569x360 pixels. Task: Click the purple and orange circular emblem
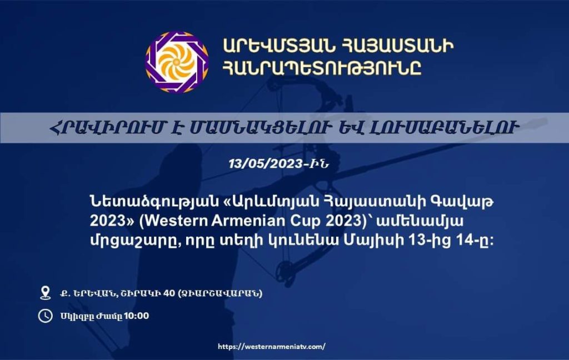click(177, 62)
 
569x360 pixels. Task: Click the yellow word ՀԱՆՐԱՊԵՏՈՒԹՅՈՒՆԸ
click(322, 68)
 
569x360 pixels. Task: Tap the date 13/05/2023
click(266, 164)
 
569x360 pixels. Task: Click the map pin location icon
click(46, 292)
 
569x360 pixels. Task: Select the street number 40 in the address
click(169, 293)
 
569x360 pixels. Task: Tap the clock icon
click(46, 316)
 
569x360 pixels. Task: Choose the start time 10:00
click(137, 316)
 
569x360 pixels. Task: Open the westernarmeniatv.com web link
click(271, 347)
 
